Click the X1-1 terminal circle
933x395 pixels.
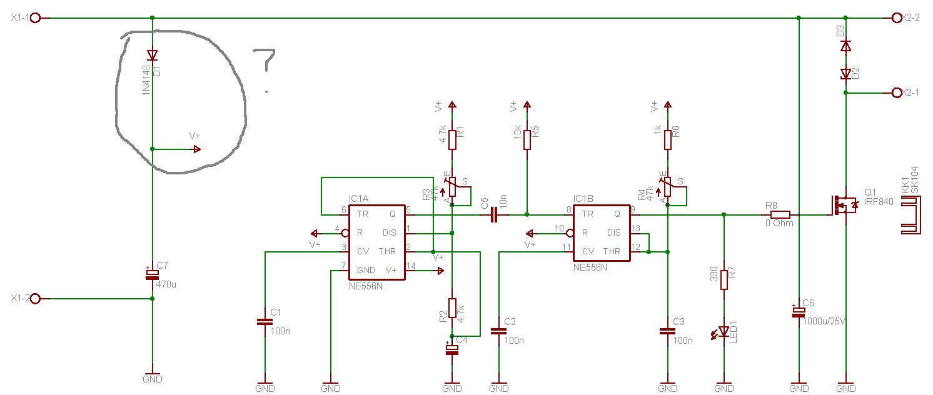point(36,18)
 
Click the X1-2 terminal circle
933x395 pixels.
point(36,298)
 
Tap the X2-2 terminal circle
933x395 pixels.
point(897,18)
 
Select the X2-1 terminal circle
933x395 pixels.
point(897,92)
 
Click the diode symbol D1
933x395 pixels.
point(153,55)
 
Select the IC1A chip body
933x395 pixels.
point(377,242)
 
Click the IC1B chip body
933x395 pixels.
point(602,233)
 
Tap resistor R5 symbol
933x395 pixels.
point(527,139)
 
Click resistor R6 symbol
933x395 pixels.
point(668,139)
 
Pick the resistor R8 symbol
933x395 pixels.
point(780,215)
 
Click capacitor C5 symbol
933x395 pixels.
point(494,215)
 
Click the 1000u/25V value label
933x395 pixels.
point(824,321)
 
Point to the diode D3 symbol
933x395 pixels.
point(845,46)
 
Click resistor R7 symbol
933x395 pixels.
point(724,280)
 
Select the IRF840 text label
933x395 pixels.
point(879,202)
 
